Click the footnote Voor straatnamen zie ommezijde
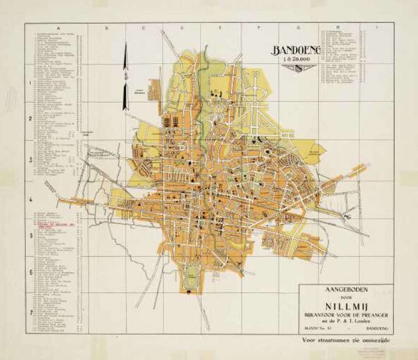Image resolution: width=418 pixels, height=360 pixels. click(x=346, y=339)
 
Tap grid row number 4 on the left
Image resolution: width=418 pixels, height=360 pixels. click(x=30, y=198)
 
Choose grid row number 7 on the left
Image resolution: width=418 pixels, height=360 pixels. click(x=30, y=313)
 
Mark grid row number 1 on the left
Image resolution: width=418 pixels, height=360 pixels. click(x=30, y=82)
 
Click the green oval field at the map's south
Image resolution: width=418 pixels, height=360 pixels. click(x=192, y=279)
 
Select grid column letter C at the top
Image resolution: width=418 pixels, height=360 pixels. click(x=144, y=28)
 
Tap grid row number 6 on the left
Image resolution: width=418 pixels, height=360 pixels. click(x=30, y=272)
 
